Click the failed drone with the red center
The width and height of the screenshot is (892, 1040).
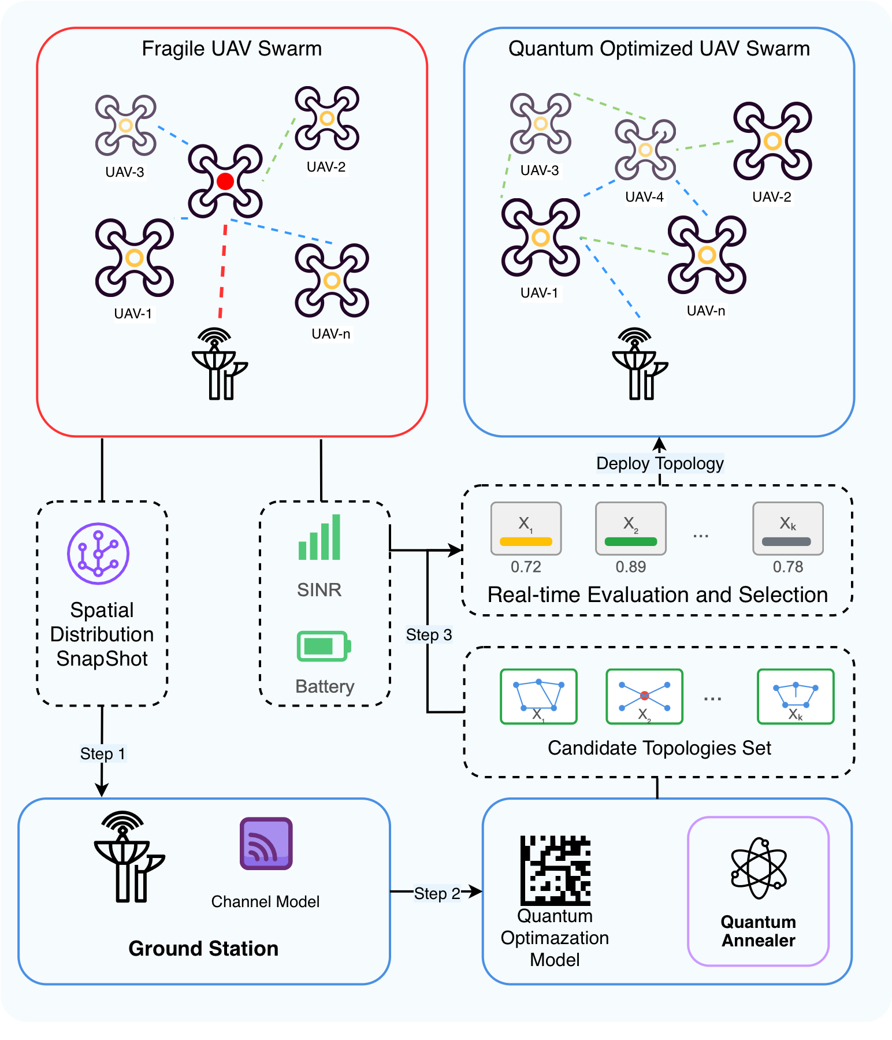pyautogui.click(x=225, y=181)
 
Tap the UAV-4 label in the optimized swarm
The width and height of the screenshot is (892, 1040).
pyautogui.click(x=644, y=197)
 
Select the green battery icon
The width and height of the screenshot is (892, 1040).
pyautogui.click(x=324, y=646)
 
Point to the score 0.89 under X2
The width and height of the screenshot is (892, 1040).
pyautogui.click(x=630, y=567)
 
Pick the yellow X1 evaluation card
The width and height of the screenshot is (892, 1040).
pyautogui.click(x=526, y=528)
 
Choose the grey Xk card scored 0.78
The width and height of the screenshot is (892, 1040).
pyautogui.click(x=787, y=528)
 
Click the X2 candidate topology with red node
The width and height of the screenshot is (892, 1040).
pyautogui.click(x=644, y=696)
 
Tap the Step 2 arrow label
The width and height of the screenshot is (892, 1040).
pyautogui.click(x=437, y=893)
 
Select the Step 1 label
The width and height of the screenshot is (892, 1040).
pyautogui.click(x=102, y=753)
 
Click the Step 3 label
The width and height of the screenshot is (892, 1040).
pyautogui.click(x=429, y=634)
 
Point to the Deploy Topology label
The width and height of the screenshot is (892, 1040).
pyautogui.click(x=660, y=463)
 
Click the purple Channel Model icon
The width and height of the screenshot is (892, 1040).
pyautogui.click(x=266, y=844)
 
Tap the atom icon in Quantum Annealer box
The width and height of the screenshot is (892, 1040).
pyautogui.click(x=759, y=868)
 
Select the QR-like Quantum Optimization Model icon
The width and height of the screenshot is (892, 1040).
pyautogui.click(x=555, y=870)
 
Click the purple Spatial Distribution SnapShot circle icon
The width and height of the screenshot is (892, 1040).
pyautogui.click(x=98, y=554)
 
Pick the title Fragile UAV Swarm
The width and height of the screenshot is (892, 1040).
pyautogui.click(x=232, y=49)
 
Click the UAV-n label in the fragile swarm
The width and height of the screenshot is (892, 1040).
pyautogui.click(x=330, y=334)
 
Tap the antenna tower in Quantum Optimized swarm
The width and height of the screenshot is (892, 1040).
pyautogui.click(x=638, y=364)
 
